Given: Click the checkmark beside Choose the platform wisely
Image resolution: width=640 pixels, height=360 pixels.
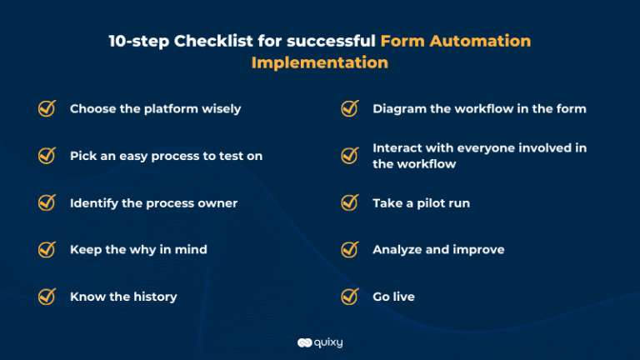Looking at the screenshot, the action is point(47,108).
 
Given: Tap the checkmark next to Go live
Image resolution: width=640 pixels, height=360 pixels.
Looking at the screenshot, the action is point(350,297).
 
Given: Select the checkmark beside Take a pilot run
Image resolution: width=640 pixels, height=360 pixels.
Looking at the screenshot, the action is point(350,202).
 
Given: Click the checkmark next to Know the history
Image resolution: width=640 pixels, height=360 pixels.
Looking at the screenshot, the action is point(47,297).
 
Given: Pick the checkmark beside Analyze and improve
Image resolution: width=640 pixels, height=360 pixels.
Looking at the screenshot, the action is point(350,249).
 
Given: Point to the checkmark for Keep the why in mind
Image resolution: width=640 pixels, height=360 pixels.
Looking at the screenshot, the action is point(47,249).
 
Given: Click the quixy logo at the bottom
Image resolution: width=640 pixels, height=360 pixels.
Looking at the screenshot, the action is point(320,342).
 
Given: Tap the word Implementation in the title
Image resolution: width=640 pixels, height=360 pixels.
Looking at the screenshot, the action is point(320,62).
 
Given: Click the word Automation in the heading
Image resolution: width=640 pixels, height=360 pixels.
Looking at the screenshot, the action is point(480,41).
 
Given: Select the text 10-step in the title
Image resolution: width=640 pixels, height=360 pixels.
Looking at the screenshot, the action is point(139,42).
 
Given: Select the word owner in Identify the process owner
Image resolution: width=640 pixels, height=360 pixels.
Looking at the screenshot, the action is point(217,203).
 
